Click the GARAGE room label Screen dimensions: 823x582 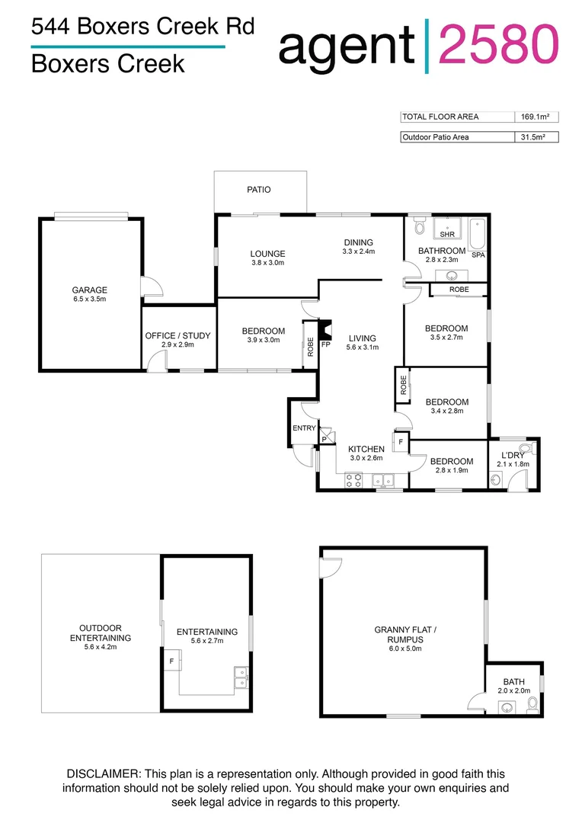[89, 290]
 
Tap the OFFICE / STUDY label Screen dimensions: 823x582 [177, 335]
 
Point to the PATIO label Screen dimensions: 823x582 [259, 190]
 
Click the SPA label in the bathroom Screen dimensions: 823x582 [478, 255]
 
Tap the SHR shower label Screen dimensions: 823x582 [446, 235]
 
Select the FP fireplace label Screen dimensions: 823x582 [325, 344]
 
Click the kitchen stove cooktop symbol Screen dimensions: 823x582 [354, 480]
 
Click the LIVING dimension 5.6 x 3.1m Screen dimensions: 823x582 [362, 347]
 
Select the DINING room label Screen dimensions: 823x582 [358, 242]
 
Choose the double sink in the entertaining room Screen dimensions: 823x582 [241, 677]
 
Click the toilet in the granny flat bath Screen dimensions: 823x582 [533, 703]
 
